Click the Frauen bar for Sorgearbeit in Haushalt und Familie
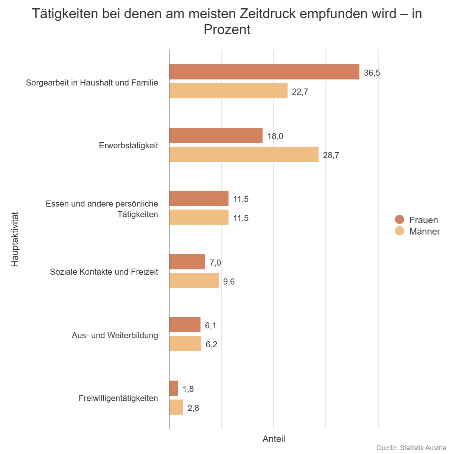click(264, 72)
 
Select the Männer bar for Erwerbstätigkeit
click(244, 154)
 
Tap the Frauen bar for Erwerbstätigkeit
click(216, 135)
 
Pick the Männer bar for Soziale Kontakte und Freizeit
click(194, 281)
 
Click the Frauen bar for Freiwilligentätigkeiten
click(173, 388)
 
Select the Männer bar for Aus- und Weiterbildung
click(185, 344)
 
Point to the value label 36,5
click(372, 73)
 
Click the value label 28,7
click(331, 155)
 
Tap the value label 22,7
click(300, 92)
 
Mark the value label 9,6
click(229, 281)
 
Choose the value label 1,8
click(188, 389)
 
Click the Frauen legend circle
click(400, 219)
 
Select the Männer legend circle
click(400, 231)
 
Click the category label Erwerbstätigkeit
click(129, 145)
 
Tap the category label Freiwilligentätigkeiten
click(118, 398)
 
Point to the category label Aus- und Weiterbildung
click(115, 335)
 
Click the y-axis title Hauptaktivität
click(15, 239)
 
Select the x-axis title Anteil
click(274, 439)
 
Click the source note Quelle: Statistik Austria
click(411, 448)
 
